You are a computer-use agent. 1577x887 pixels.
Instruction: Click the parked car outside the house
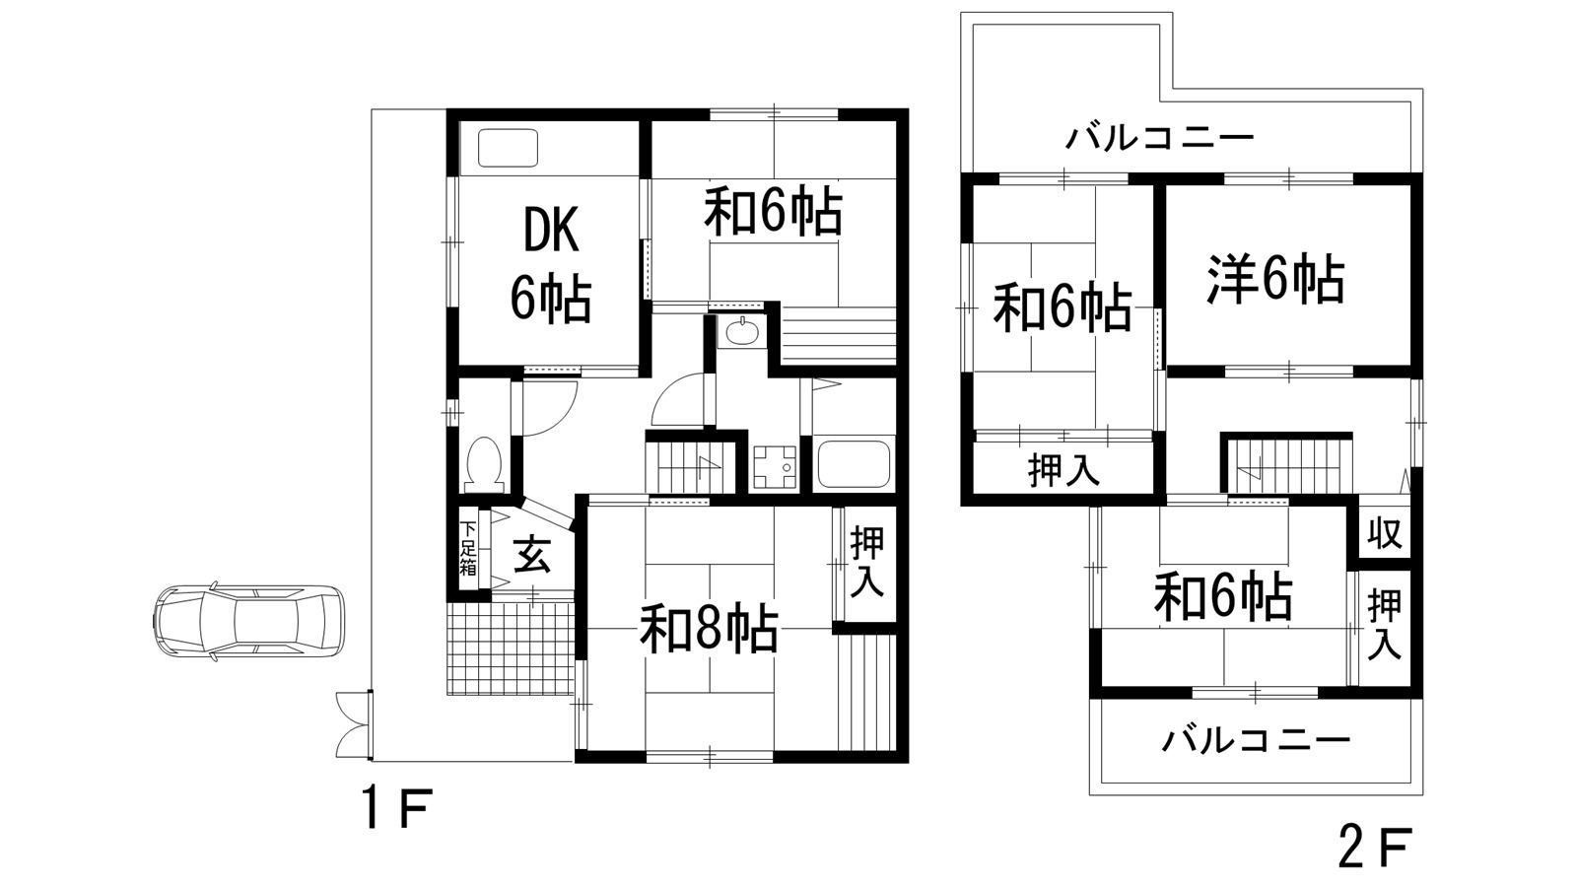pyautogui.click(x=249, y=622)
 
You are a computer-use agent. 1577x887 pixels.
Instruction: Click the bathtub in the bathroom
pyautogui.click(x=854, y=463)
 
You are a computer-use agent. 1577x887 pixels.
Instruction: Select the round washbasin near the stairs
pyautogui.click(x=739, y=334)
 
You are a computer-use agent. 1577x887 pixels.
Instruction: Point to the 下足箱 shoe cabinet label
pyautogui.click(x=468, y=548)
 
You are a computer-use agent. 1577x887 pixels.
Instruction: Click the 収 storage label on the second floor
pyautogui.click(x=1384, y=533)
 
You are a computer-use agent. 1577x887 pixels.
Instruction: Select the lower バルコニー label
pyautogui.click(x=1255, y=739)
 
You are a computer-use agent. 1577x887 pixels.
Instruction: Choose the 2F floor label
pyautogui.click(x=1376, y=846)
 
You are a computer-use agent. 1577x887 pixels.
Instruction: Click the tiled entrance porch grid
pyautogui.click(x=510, y=648)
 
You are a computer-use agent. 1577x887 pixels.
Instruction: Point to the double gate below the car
pyautogui.click(x=352, y=724)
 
